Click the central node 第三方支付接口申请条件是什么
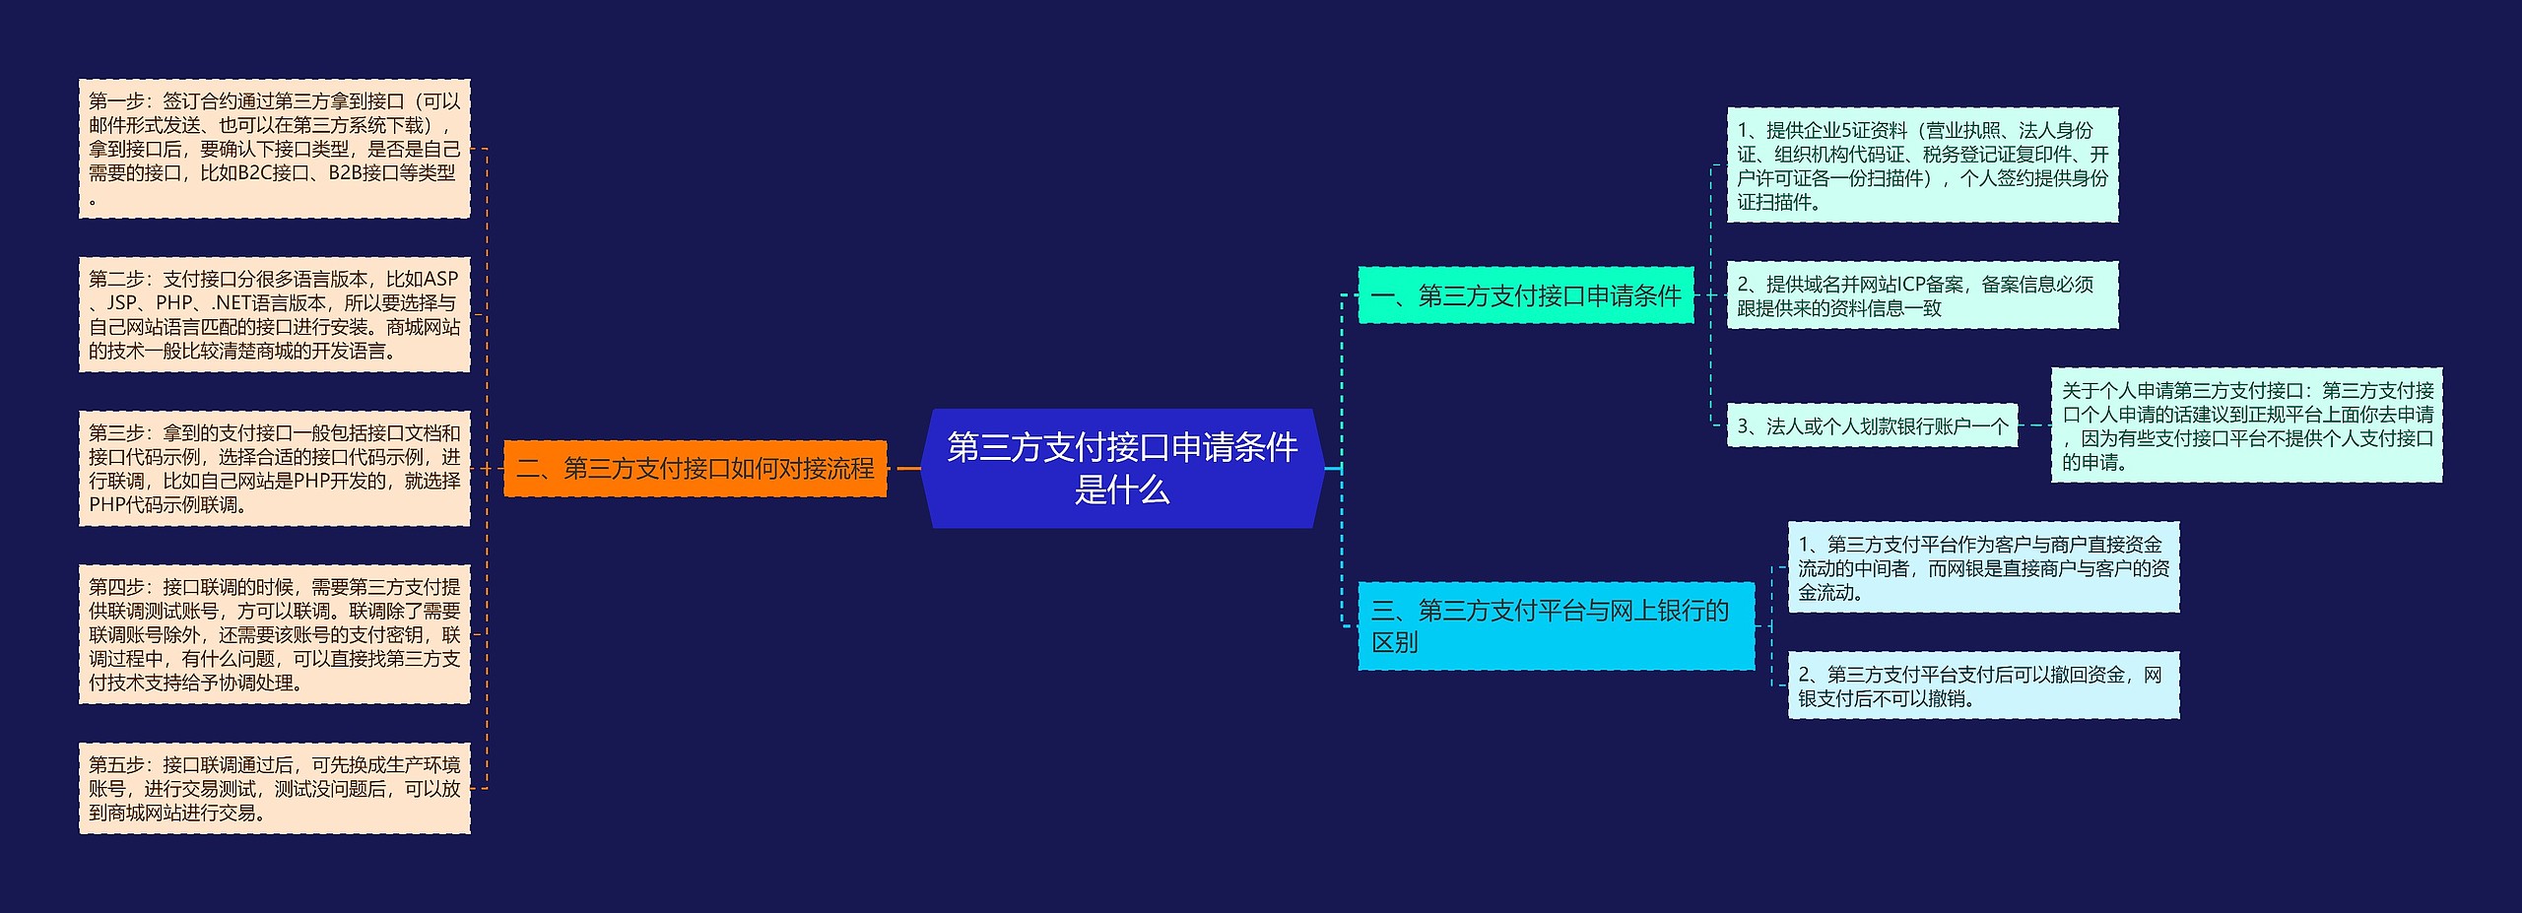pos(1122,468)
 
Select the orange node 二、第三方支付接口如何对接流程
pos(696,468)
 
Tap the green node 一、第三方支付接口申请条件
pos(1525,294)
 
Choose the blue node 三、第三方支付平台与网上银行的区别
pos(1555,626)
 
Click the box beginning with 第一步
pos(274,149)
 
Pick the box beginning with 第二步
pos(274,314)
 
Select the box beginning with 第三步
pos(274,468)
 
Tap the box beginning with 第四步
pos(274,633)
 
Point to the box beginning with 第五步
pos(274,788)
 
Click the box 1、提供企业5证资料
pos(1921,165)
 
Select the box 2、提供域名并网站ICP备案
pos(1921,295)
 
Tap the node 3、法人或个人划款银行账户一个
pos(1871,425)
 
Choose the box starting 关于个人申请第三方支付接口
pos(2246,425)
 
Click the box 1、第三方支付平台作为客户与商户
pos(1982,567)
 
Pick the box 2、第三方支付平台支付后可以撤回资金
pos(1982,685)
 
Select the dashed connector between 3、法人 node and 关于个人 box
pos(2034,425)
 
